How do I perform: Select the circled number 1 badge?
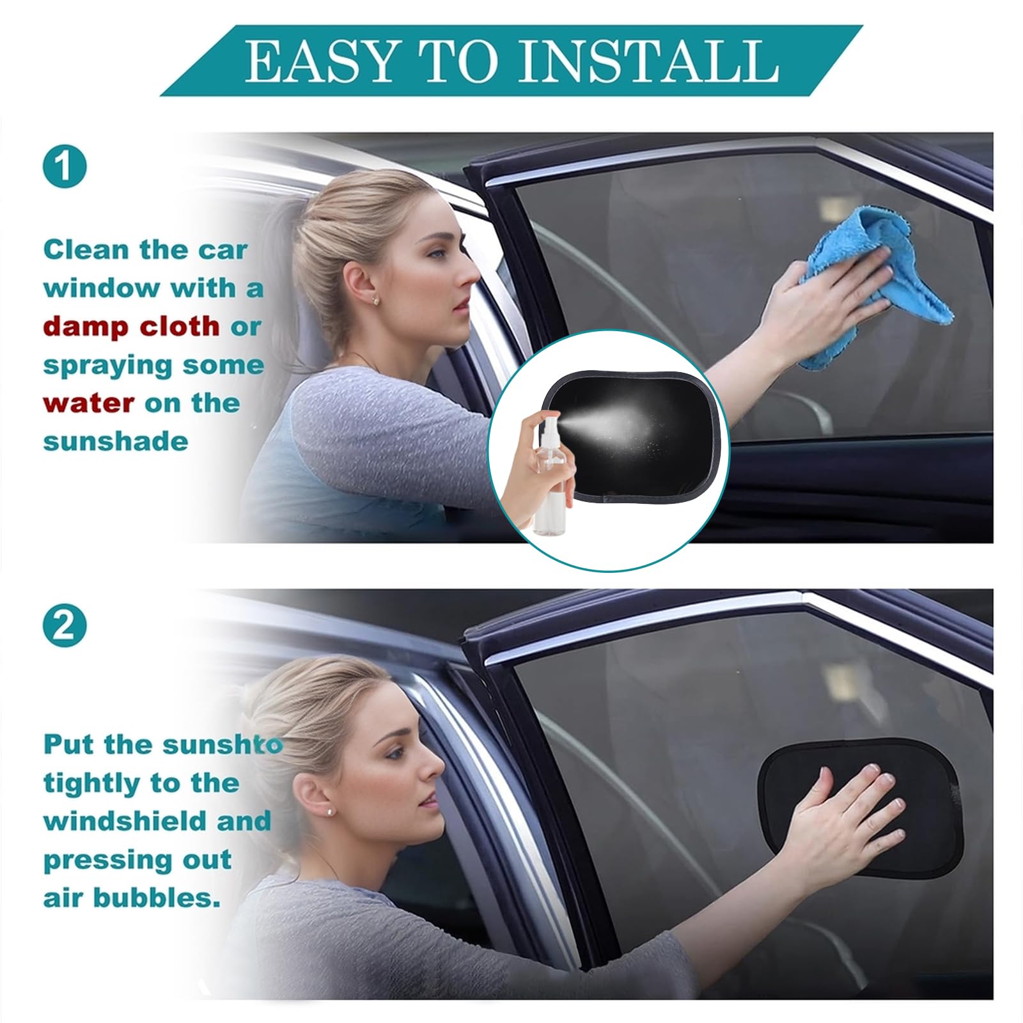point(64,166)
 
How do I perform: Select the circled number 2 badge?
point(64,627)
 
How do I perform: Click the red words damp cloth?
point(131,327)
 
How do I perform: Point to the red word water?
point(88,403)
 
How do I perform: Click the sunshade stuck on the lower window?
point(857,806)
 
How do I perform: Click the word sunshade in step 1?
point(115,442)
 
